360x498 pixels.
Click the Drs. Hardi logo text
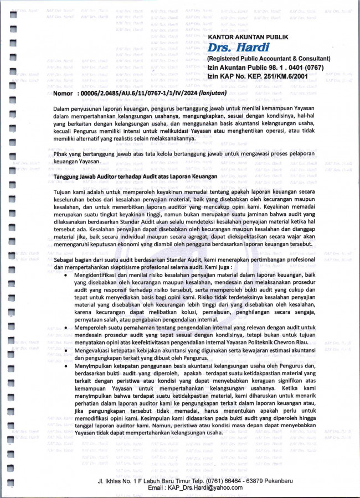(x=231, y=48)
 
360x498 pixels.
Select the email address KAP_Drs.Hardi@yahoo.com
(x=188, y=487)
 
